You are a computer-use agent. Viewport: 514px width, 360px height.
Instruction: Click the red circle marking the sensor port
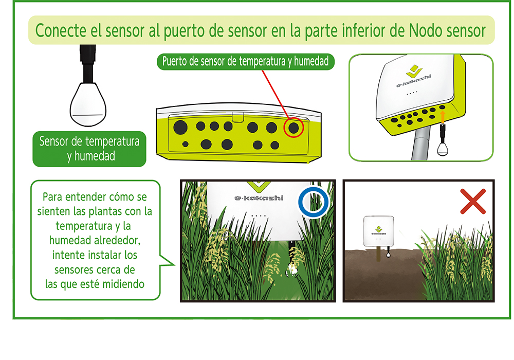click(284, 127)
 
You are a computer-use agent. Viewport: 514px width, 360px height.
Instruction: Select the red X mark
click(473, 201)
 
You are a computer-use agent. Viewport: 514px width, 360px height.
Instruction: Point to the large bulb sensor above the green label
click(88, 104)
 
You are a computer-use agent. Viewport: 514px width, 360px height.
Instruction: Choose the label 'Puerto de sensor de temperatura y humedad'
click(246, 61)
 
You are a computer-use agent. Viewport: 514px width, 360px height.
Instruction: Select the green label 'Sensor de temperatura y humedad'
click(89, 149)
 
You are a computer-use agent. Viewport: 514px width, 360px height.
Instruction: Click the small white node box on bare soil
click(379, 231)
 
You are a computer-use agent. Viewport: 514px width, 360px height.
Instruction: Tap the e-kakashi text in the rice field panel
click(259, 197)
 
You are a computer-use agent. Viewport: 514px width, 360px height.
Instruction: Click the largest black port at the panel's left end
click(180, 127)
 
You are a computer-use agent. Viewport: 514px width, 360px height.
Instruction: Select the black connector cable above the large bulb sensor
click(88, 64)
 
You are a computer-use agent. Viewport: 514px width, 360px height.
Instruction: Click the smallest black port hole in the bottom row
click(185, 144)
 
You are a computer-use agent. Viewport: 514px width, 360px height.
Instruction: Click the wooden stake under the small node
click(378, 254)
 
